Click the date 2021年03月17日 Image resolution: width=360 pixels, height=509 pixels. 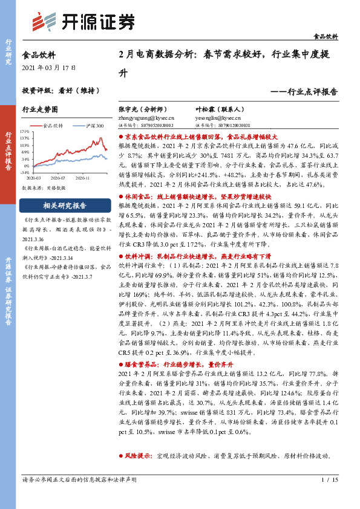[50, 67]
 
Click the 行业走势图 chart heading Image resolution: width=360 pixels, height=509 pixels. [40, 110]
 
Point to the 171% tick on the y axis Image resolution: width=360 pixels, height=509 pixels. [25, 131]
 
